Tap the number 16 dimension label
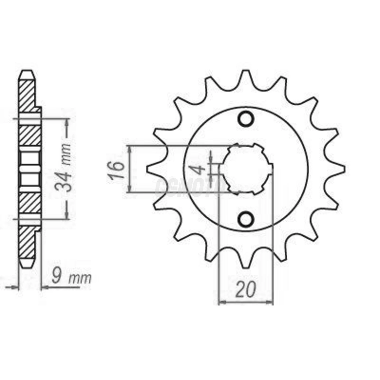click(x=117, y=170)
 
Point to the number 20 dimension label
click(x=246, y=289)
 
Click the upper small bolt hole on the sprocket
click(x=246, y=119)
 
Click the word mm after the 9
click(x=80, y=279)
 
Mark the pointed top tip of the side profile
click(x=27, y=71)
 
